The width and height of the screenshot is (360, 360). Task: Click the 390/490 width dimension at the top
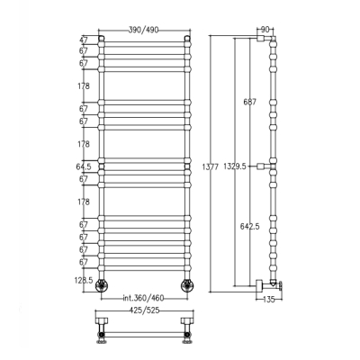click(x=144, y=30)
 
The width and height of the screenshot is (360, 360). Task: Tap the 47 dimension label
click(x=84, y=40)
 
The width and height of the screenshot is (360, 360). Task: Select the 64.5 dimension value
click(x=84, y=166)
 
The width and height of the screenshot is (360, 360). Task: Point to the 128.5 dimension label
click(x=84, y=280)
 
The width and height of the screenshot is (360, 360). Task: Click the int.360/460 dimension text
click(x=144, y=298)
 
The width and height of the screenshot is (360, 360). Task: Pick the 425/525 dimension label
click(x=144, y=310)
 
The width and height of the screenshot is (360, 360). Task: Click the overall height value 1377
click(x=211, y=166)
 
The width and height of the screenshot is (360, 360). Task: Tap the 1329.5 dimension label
click(x=235, y=166)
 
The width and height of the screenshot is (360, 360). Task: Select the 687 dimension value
click(x=249, y=102)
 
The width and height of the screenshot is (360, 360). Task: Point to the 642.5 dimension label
click(x=249, y=227)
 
